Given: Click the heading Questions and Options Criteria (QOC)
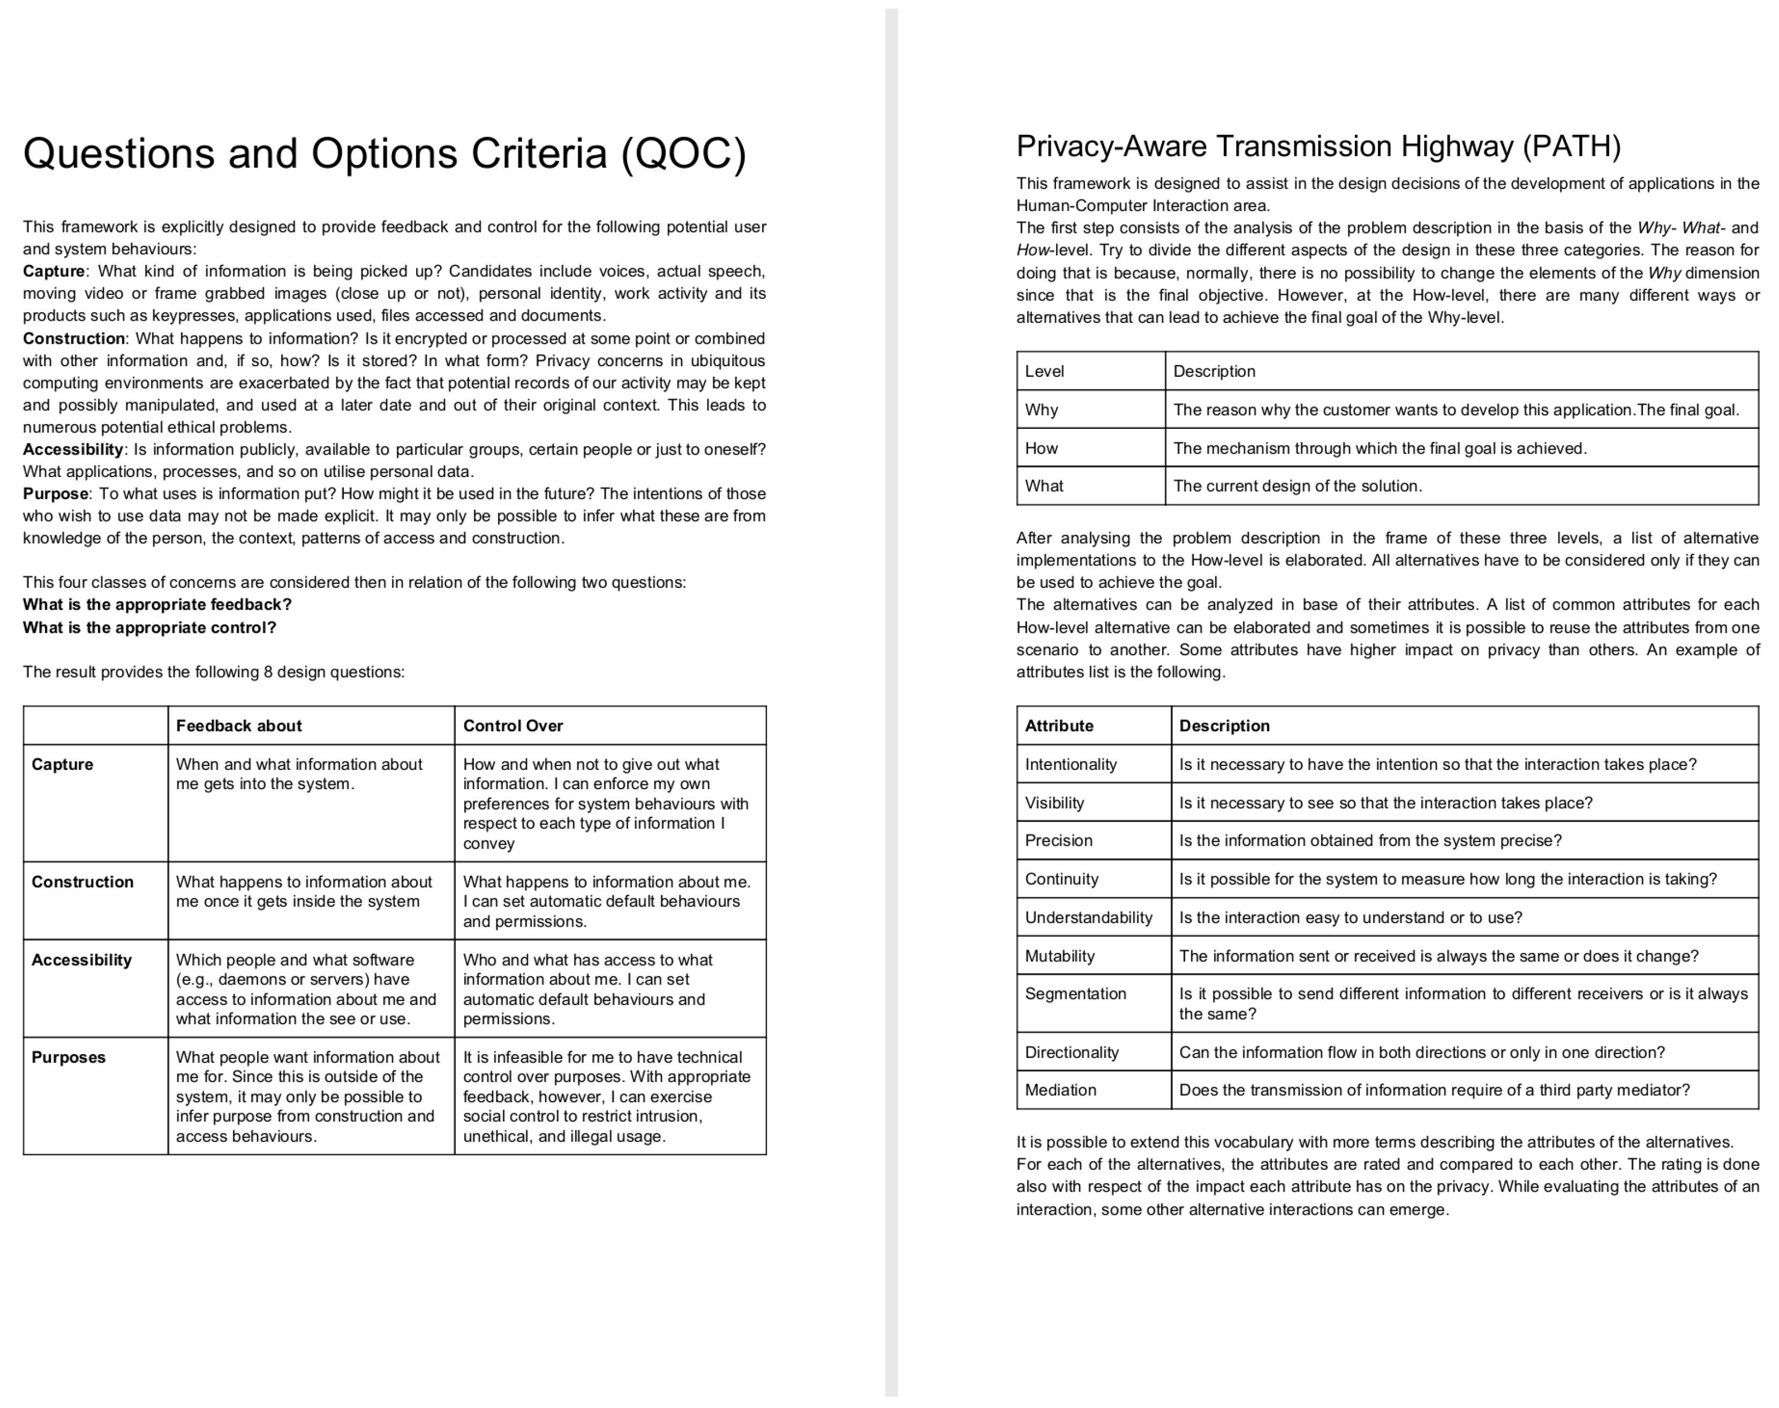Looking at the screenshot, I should tap(384, 154).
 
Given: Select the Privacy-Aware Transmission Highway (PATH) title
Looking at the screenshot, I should tap(1317, 147).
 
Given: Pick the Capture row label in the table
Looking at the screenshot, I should tap(63, 764).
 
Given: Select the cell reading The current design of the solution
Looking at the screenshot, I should tap(1298, 486).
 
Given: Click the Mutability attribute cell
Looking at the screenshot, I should tap(1059, 956).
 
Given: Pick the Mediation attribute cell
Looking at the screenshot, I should tap(1060, 1091).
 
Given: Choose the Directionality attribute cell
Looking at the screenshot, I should tap(1072, 1053).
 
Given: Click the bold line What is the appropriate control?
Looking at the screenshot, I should tap(149, 627).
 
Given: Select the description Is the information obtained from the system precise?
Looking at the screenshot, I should tap(1370, 841).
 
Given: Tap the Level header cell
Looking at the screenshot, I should tap(1044, 372).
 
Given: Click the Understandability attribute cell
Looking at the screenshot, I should tap(1088, 918).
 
